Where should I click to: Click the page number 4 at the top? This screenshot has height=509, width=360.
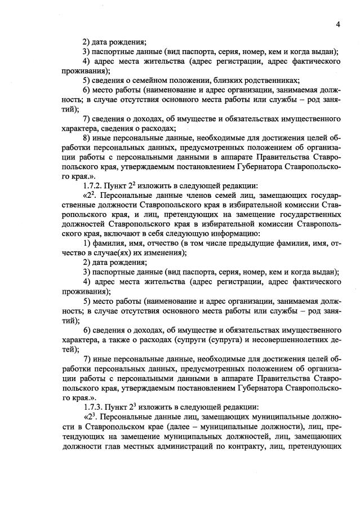coord(337,24)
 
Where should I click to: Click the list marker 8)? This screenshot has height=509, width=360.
coord(87,138)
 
